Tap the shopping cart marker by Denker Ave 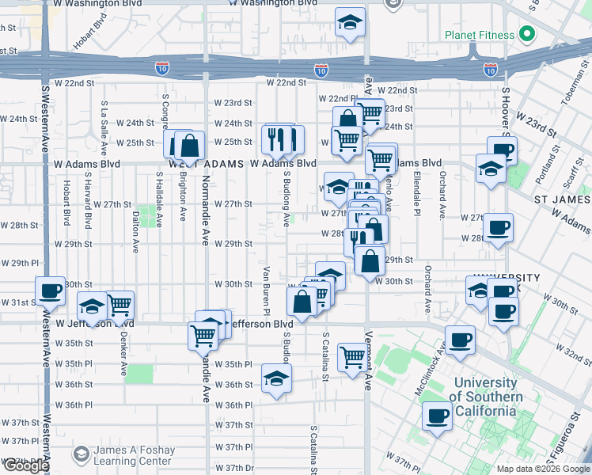[119, 305]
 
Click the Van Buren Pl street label [266, 285]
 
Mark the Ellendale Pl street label [415, 195]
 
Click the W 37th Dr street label [233, 466]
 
